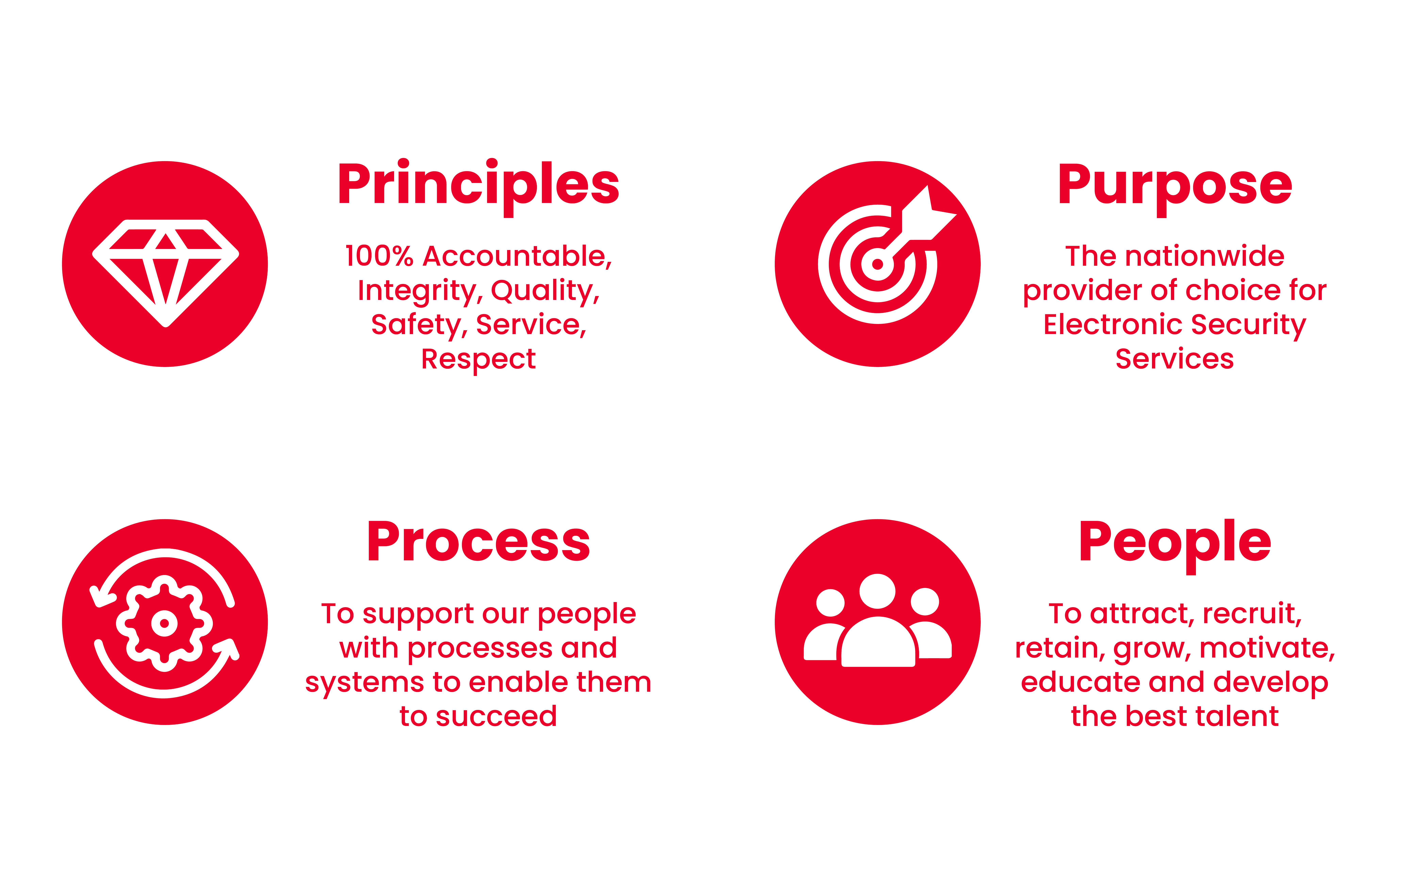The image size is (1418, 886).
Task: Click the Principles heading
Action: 478,186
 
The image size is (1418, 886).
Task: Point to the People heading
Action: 1175,545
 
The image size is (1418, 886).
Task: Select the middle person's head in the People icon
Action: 877,591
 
